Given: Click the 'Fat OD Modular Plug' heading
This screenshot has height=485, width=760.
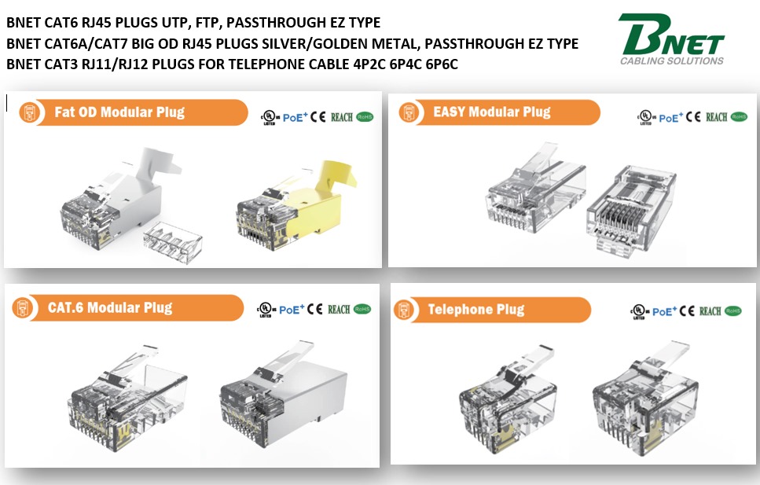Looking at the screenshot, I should coord(119,112).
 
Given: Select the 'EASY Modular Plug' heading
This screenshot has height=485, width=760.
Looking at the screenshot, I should coord(492,112).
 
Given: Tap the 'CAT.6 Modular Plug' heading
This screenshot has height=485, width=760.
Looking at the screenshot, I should coord(110,307).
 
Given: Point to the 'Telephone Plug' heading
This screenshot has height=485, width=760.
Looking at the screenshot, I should coord(475,310).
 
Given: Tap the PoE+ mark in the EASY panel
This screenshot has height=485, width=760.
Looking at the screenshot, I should coord(670,118).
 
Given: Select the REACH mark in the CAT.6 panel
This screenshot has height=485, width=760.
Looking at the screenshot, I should coord(339,310).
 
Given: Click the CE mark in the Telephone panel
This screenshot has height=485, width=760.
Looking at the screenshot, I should coord(690,311).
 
